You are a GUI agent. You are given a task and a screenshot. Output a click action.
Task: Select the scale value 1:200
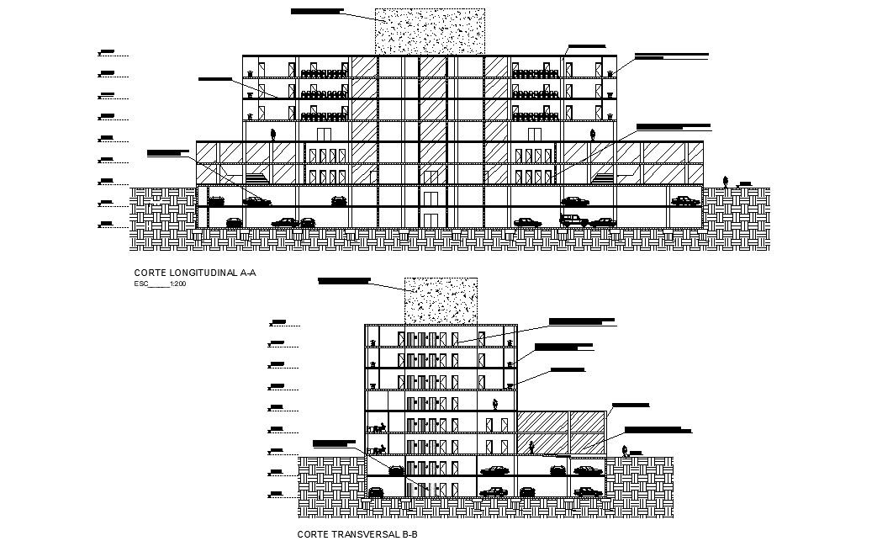tap(177, 284)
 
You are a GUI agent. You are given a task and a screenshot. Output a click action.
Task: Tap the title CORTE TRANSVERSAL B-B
tap(357, 534)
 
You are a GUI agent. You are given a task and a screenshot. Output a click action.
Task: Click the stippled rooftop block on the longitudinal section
tap(430, 31)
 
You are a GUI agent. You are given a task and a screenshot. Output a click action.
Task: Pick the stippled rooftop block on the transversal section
tap(441, 300)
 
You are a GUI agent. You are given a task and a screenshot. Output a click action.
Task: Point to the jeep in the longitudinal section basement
tap(574, 220)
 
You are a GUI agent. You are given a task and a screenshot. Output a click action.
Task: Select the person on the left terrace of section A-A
tap(272, 134)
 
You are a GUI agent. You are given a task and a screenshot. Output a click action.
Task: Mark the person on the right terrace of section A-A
tap(594, 134)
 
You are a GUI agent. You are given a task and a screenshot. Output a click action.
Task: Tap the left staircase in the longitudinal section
tap(256, 177)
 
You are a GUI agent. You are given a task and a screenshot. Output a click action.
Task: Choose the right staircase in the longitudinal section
tap(605, 177)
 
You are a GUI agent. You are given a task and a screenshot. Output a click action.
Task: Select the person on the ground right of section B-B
tap(625, 451)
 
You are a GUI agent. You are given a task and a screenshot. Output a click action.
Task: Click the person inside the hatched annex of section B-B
tap(532, 446)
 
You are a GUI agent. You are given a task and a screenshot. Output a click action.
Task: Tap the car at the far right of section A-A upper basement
tap(685, 201)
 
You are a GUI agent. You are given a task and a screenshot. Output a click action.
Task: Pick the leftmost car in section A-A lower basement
tap(234, 222)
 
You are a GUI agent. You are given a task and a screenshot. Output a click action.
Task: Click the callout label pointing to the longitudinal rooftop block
tap(317, 11)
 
